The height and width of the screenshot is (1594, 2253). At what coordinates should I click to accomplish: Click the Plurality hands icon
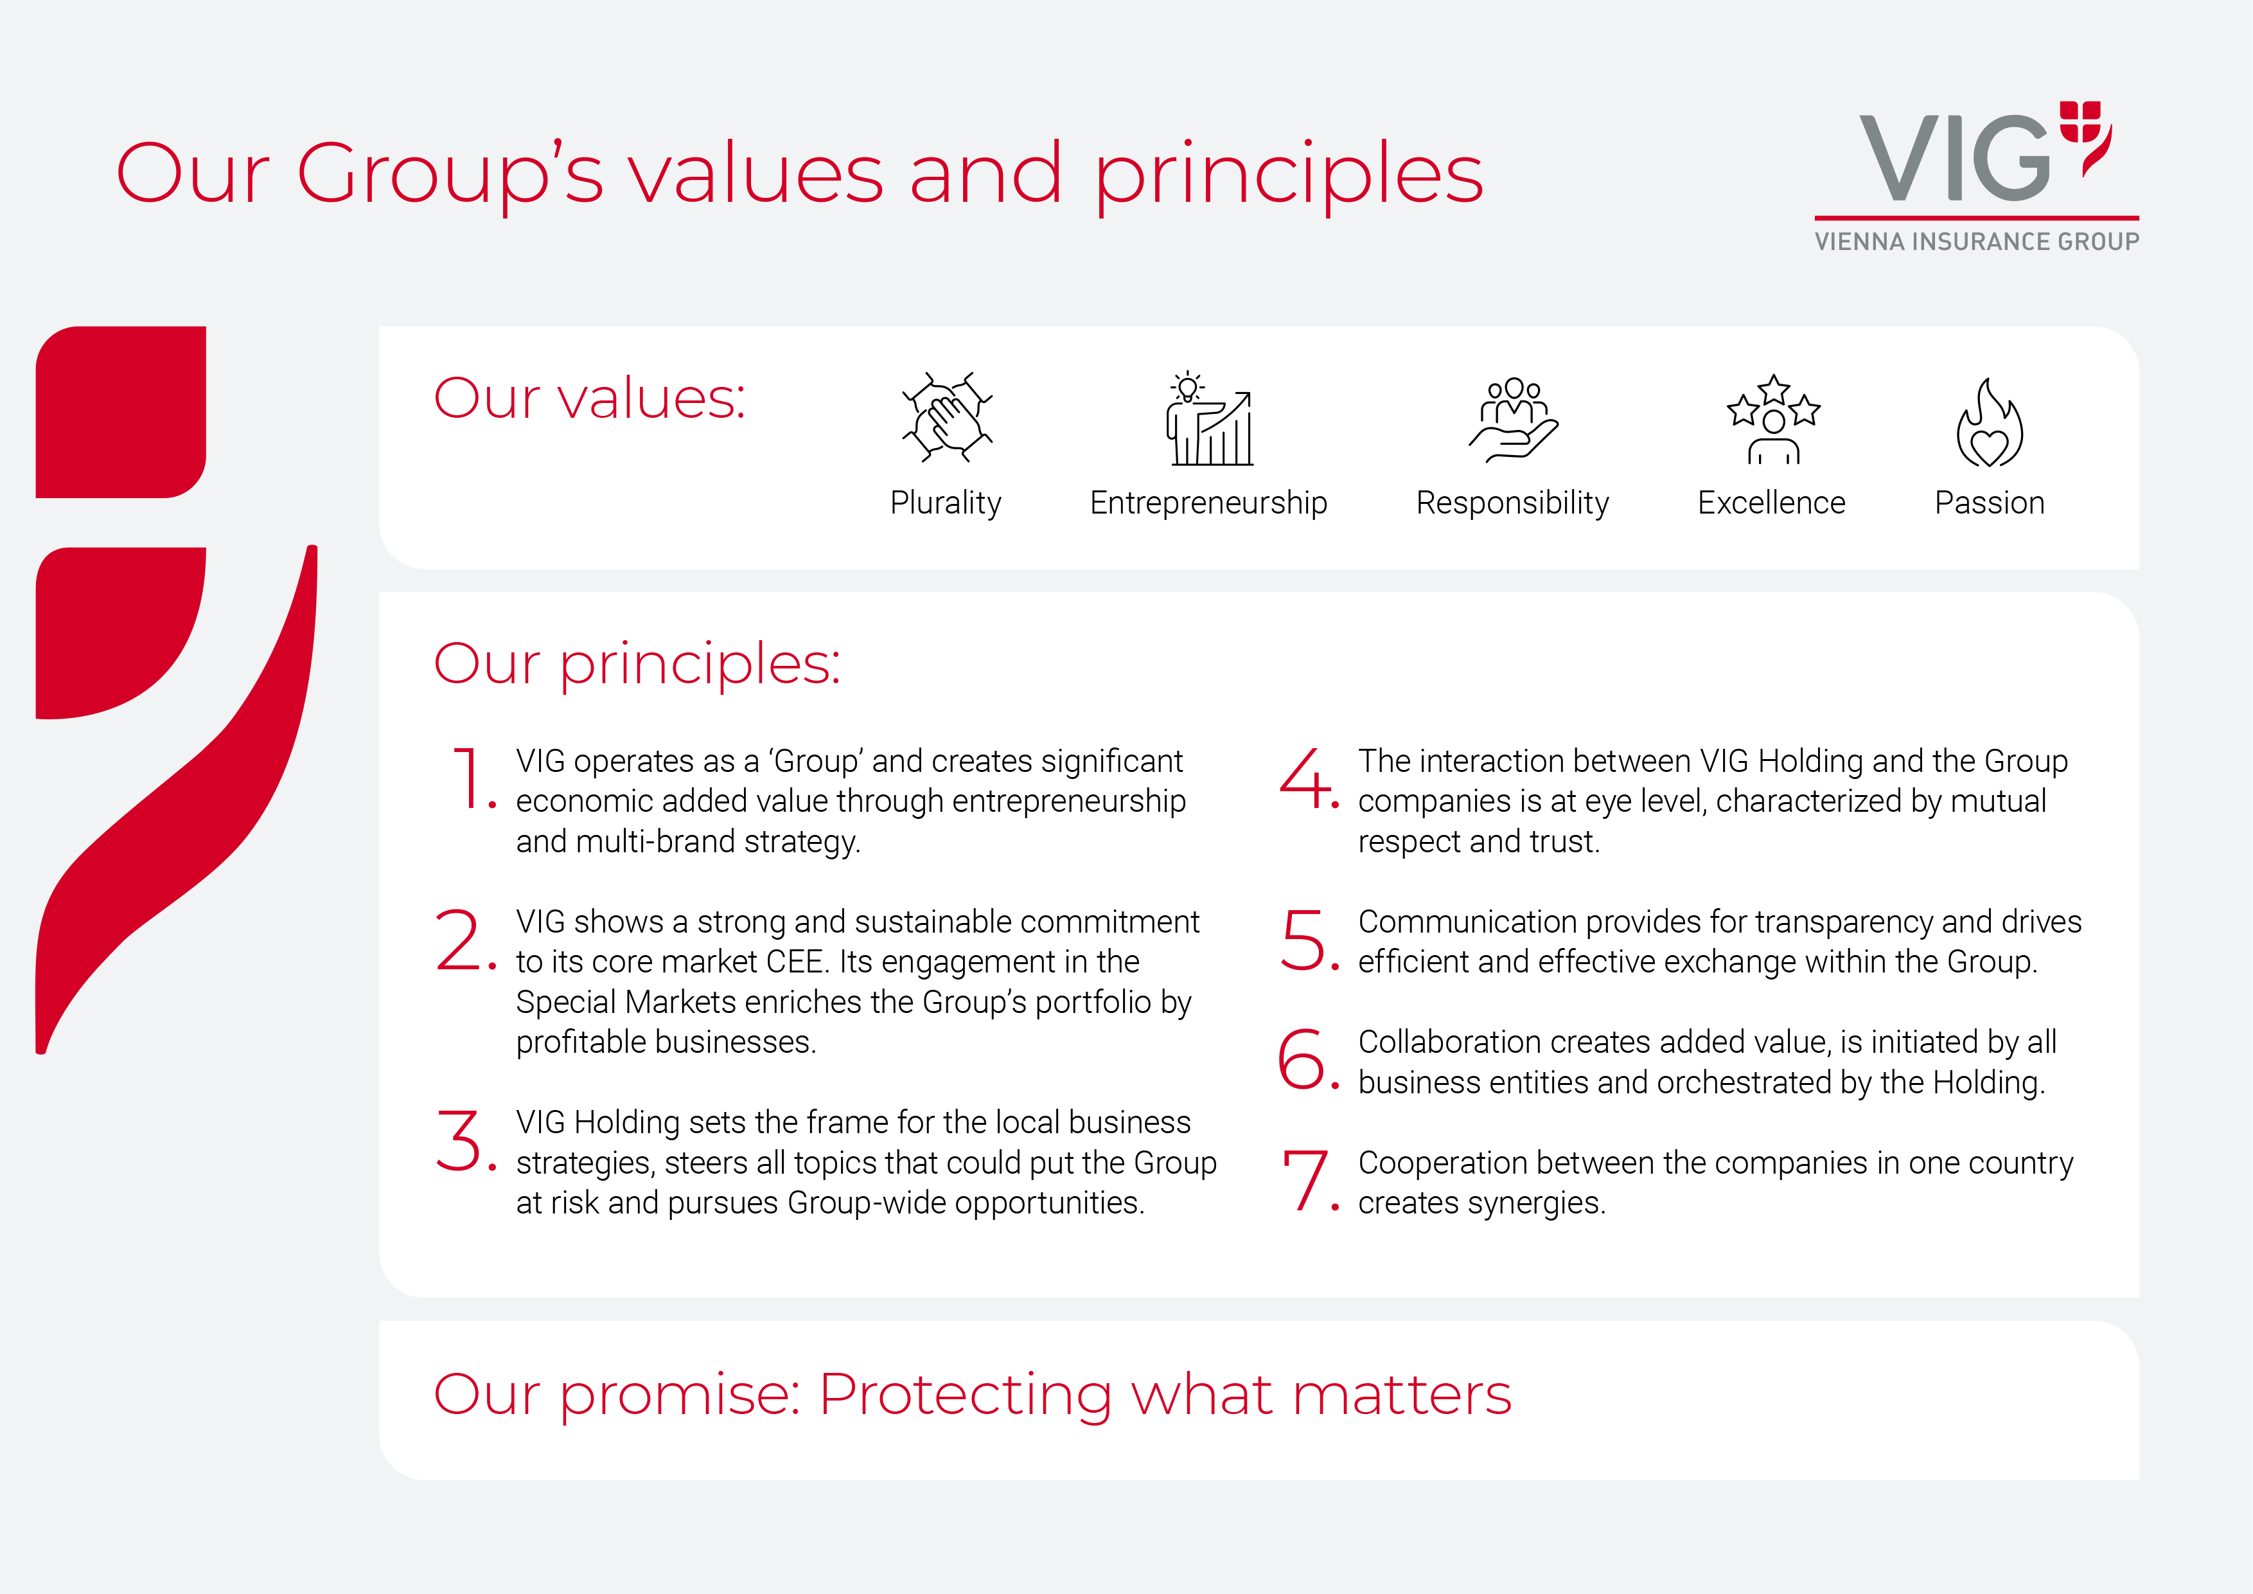click(947, 417)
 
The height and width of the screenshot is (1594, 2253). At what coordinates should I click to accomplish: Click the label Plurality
click(946, 503)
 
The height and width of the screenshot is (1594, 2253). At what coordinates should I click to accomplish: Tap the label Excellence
click(1771, 503)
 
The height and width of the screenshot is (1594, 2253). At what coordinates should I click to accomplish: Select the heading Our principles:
click(637, 665)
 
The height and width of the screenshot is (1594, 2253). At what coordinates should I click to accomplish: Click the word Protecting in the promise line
click(967, 1396)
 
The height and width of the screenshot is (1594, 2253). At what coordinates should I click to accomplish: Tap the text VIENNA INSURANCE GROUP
click(1976, 242)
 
